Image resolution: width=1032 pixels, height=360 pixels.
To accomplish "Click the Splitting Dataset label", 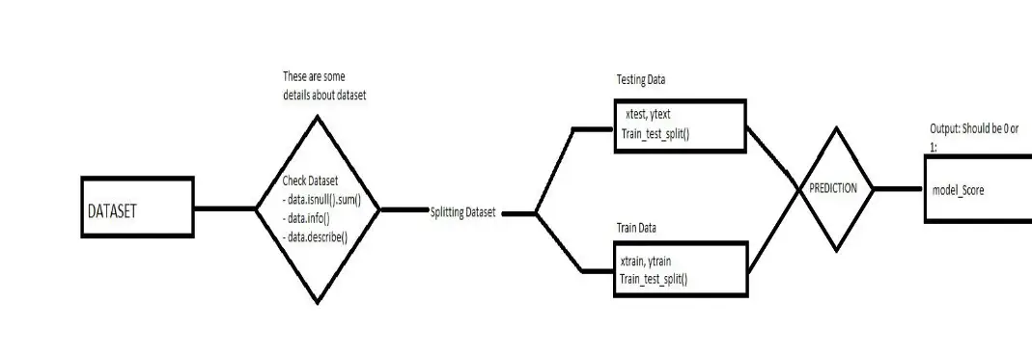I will click(x=463, y=213).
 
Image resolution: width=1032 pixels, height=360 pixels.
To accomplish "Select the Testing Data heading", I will click(x=641, y=79).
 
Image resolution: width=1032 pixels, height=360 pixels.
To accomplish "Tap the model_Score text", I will click(x=959, y=190).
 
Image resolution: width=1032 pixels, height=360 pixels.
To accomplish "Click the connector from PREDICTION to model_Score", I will click(x=898, y=189).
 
